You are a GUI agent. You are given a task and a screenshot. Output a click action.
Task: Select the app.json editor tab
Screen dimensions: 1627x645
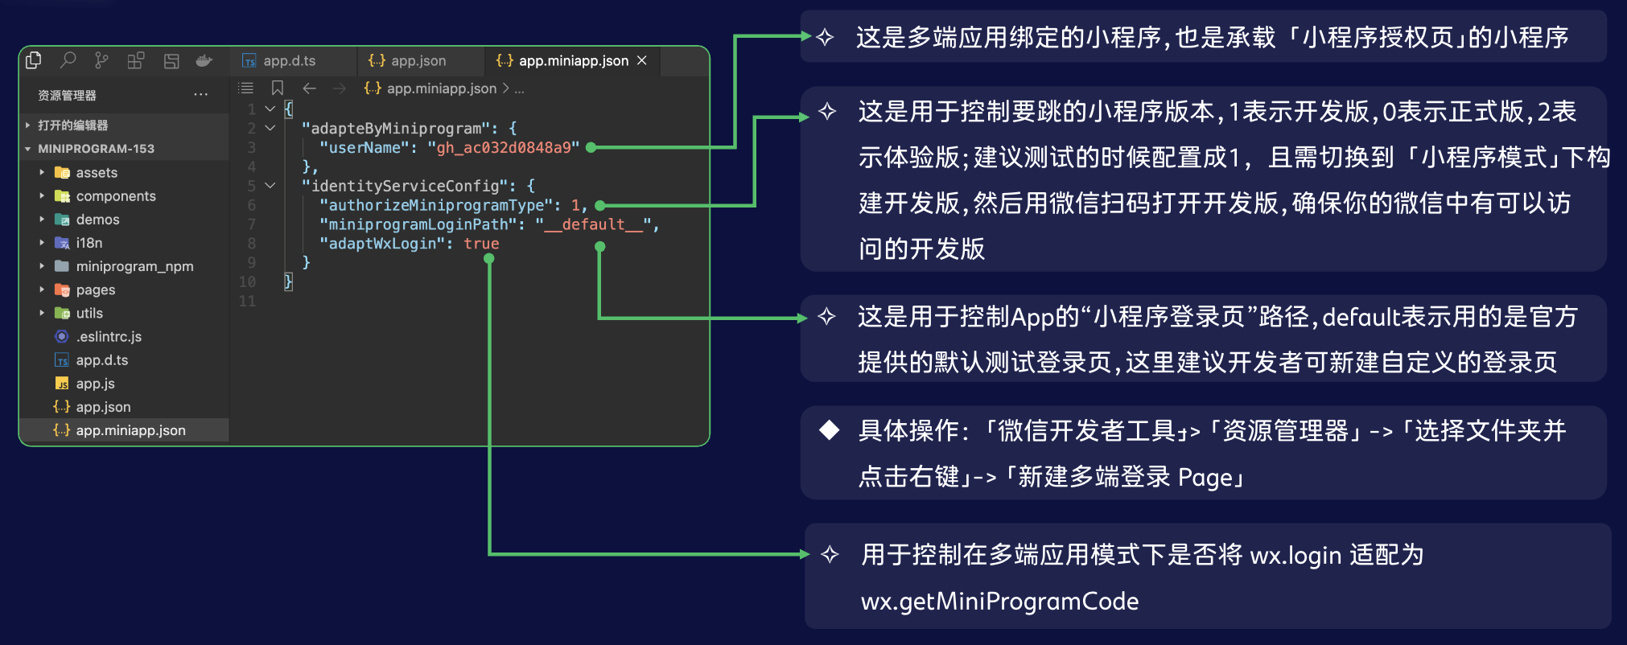click(x=407, y=61)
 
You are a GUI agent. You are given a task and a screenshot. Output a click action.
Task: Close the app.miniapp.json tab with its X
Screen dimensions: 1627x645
click(x=642, y=60)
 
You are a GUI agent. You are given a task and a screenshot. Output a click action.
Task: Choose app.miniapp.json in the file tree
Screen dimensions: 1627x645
click(x=120, y=430)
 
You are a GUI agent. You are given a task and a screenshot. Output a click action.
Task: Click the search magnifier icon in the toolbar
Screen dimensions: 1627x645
click(x=68, y=60)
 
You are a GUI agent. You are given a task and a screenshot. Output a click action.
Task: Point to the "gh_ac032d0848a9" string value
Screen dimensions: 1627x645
click(x=504, y=148)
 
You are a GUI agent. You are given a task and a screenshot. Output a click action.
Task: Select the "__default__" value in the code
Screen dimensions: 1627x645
click(x=593, y=224)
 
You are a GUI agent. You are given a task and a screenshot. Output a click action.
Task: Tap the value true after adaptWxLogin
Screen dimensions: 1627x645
click(x=481, y=244)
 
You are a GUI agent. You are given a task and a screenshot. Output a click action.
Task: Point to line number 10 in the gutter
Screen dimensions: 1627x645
click(x=247, y=282)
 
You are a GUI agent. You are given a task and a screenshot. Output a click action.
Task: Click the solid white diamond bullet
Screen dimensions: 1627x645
click(x=829, y=430)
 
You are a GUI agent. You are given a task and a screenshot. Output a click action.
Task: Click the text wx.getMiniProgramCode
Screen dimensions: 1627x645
click(x=1000, y=602)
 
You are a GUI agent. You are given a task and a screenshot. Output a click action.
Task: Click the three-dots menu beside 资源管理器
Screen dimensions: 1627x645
click(x=201, y=95)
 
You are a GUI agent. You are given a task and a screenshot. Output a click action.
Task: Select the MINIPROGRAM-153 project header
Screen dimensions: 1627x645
click(x=96, y=149)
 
